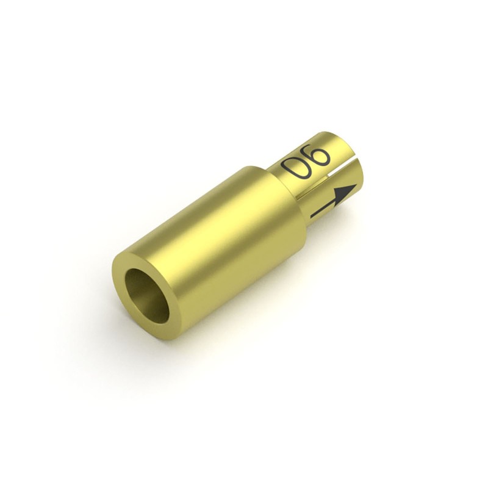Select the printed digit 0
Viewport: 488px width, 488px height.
coord(295,170)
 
